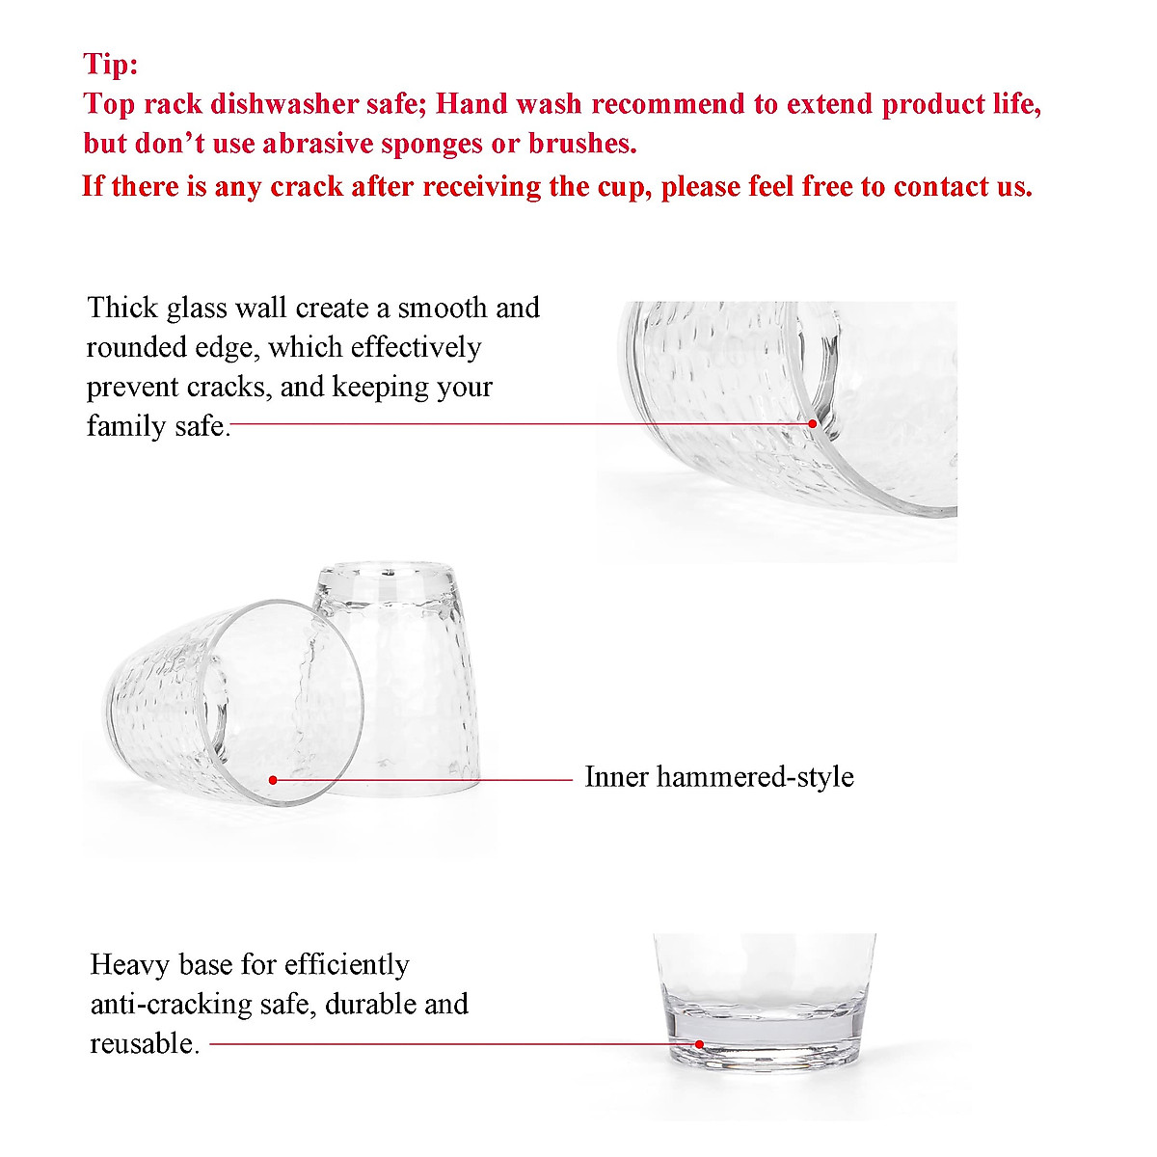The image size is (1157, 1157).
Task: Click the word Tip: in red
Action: pos(111,65)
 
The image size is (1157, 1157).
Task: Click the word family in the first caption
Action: pos(123,425)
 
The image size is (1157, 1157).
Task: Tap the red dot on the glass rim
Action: pos(813,423)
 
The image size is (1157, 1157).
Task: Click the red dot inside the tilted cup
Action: pos(273,779)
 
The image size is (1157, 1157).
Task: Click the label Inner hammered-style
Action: pos(718,777)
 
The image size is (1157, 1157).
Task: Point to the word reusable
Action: pos(143,1043)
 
